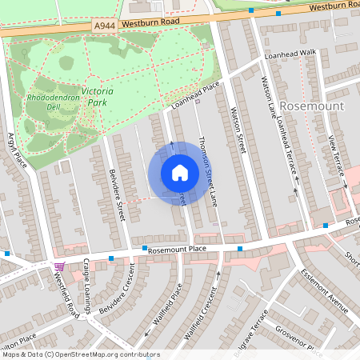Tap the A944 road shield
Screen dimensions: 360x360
103,26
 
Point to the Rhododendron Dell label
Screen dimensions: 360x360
50,101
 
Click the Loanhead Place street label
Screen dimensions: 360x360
195,95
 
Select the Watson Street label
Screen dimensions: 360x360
237,131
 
